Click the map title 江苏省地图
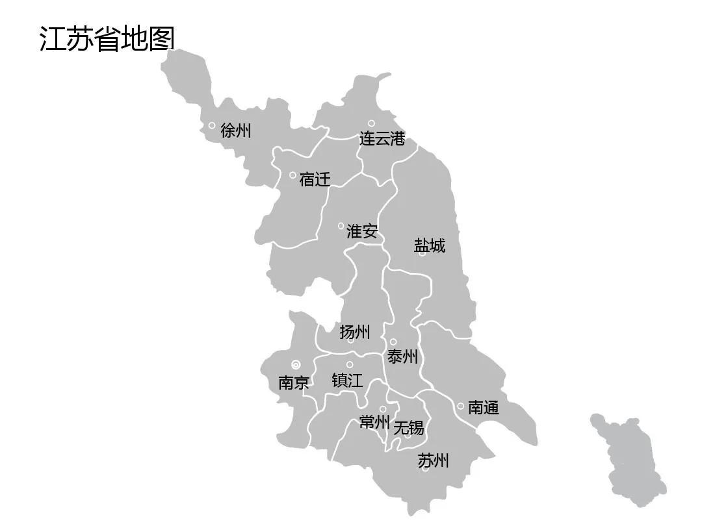point(107,38)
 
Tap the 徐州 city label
point(235,131)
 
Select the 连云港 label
point(382,139)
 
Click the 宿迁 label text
point(315,179)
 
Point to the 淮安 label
point(362,231)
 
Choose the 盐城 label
point(430,245)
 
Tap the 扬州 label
point(355,332)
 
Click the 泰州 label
point(403,357)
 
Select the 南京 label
point(294,382)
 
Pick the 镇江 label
point(347,380)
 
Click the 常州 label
point(374,423)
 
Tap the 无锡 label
point(409,427)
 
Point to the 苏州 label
point(433,461)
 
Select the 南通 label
point(484,408)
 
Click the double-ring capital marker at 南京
point(296,364)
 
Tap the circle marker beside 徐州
point(212,125)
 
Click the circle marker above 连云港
point(371,123)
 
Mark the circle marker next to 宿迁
point(292,175)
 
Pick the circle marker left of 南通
point(460,407)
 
